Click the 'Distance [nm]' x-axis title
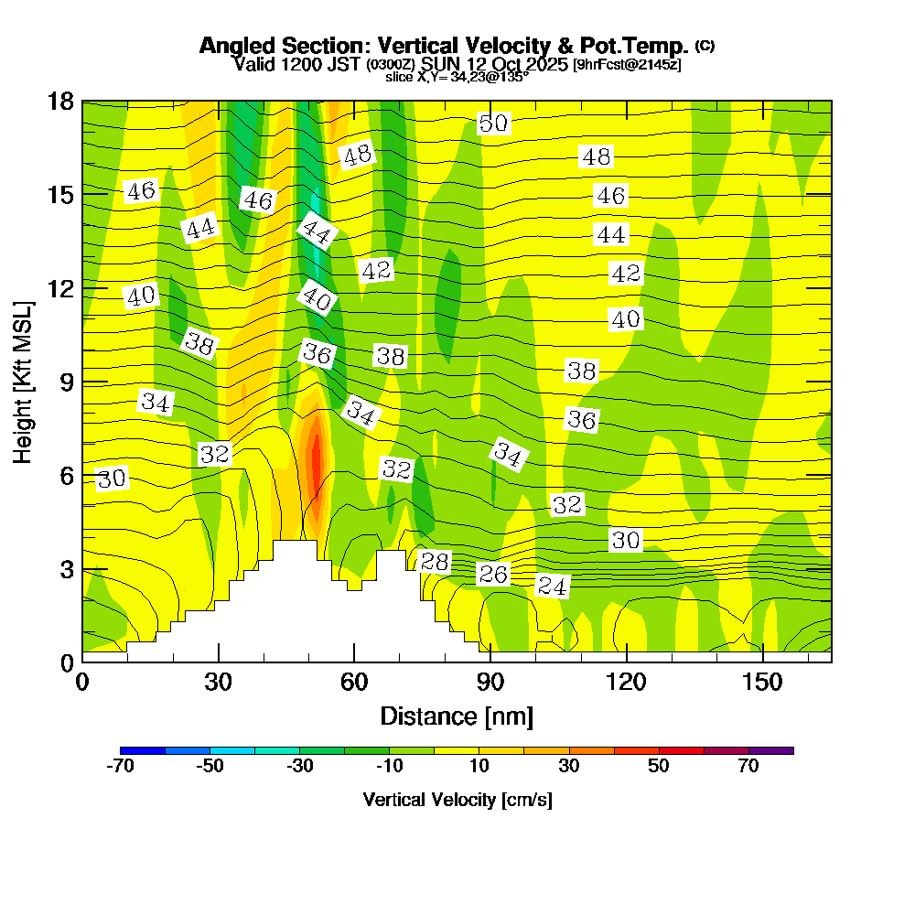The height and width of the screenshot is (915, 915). pyautogui.click(x=457, y=716)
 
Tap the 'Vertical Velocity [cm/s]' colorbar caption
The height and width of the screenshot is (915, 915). pyautogui.click(x=457, y=800)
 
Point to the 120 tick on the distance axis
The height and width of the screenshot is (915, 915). pyautogui.click(x=626, y=683)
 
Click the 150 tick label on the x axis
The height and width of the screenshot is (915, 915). pyautogui.click(x=762, y=683)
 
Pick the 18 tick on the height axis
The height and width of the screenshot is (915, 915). pyautogui.click(x=60, y=101)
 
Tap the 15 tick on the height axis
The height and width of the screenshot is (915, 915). pyautogui.click(x=60, y=195)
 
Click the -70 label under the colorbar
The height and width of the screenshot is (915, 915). pyautogui.click(x=121, y=767)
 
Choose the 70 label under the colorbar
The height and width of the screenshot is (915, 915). pyautogui.click(x=748, y=767)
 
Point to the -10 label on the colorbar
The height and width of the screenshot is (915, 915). pyautogui.click(x=390, y=767)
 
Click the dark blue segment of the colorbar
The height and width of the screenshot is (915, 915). pyautogui.click(x=143, y=750)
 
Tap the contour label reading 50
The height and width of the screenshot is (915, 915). pyautogui.click(x=493, y=124)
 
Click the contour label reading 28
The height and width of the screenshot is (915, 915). pyautogui.click(x=434, y=562)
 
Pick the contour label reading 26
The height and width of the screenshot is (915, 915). pyautogui.click(x=493, y=574)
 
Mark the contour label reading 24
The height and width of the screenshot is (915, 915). pyautogui.click(x=552, y=586)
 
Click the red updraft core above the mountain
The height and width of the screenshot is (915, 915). pyautogui.click(x=317, y=467)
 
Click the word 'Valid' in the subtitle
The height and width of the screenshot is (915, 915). pyautogui.click(x=253, y=64)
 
